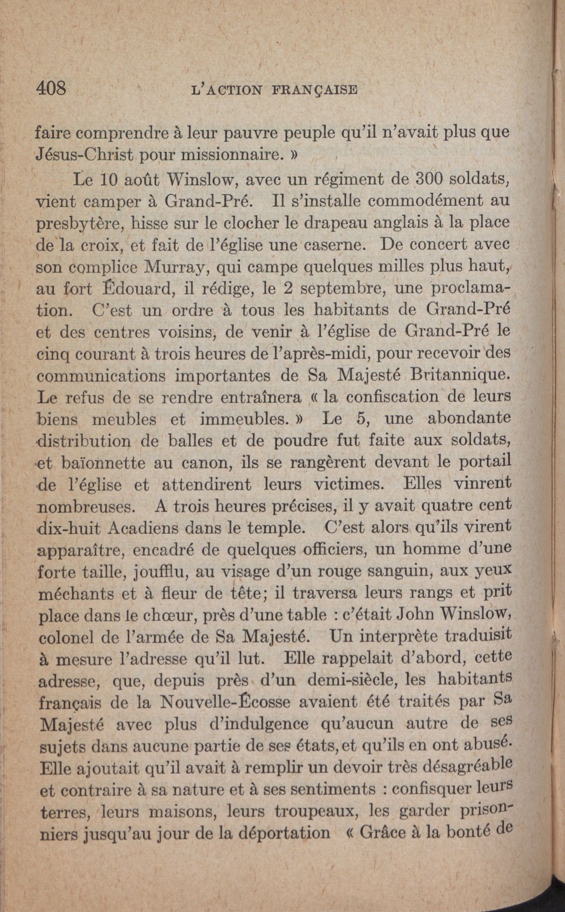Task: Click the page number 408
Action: tap(52, 89)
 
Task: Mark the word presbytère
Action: tap(80, 223)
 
